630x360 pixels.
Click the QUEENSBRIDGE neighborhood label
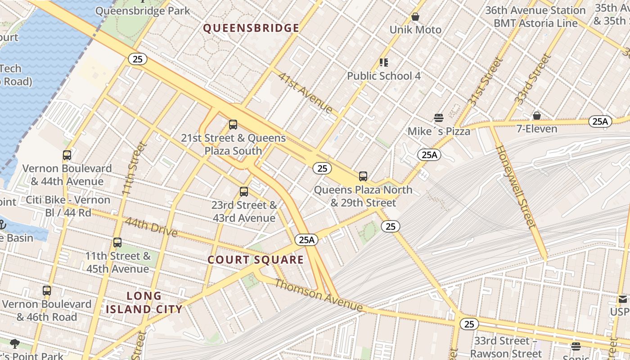point(251,28)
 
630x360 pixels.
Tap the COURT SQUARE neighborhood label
point(256,260)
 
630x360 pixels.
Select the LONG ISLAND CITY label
point(144,302)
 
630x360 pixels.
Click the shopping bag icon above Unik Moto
point(415,17)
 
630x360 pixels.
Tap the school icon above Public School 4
point(383,62)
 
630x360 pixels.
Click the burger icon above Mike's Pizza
point(439,118)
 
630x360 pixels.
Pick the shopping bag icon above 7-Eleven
point(536,116)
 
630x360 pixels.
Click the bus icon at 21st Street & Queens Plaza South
point(233,125)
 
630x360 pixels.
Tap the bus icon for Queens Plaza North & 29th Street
point(363,176)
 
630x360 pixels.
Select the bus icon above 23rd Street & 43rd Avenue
point(244,192)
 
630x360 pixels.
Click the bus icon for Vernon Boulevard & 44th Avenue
point(67,155)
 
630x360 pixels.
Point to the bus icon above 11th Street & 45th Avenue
point(117,243)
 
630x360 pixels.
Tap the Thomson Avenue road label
point(319,295)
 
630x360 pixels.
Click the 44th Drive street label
point(151,227)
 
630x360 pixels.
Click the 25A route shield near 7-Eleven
point(600,121)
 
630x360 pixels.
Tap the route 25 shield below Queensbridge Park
point(137,58)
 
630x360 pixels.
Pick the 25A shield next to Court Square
point(306,240)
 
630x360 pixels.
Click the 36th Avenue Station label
point(535,10)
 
